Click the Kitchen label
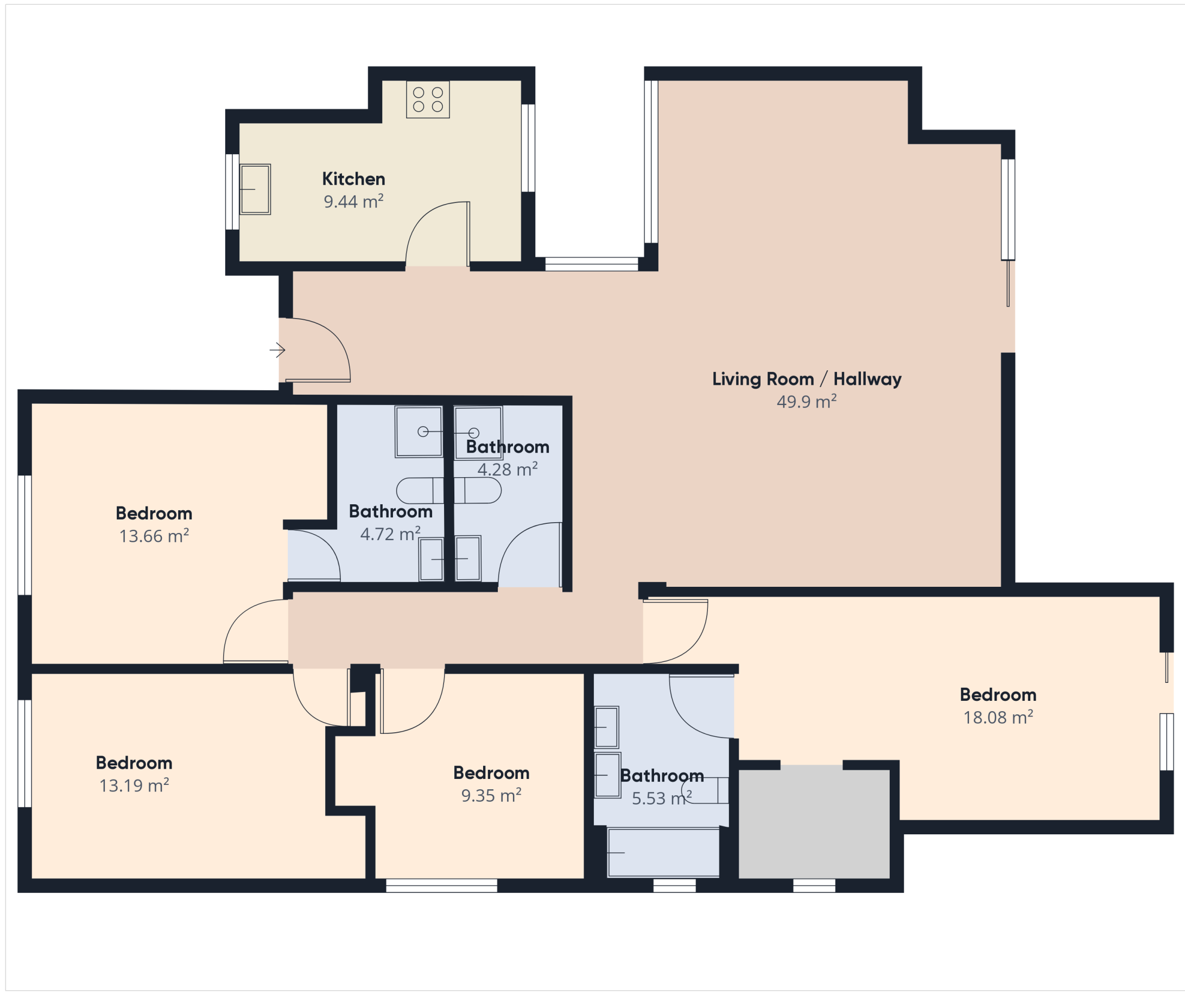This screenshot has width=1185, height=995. click(x=354, y=179)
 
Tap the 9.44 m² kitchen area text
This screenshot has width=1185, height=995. click(x=354, y=201)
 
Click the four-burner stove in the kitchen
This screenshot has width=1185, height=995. click(x=428, y=99)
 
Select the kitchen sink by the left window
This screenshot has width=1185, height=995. click(x=255, y=189)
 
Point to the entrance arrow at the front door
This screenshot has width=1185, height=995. click(x=277, y=350)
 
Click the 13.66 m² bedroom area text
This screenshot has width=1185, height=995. click(x=154, y=536)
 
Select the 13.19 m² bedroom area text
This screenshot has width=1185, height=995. click(x=134, y=785)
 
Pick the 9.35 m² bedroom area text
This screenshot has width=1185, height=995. click(x=491, y=795)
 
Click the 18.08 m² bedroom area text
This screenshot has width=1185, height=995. click(x=998, y=717)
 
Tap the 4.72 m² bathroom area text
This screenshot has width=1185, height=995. click(x=390, y=534)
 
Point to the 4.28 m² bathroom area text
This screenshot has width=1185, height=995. click(x=508, y=469)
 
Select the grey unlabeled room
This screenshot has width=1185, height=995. click(x=814, y=822)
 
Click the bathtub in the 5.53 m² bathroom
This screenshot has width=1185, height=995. click(x=663, y=852)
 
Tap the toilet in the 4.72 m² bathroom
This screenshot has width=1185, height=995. click(x=420, y=491)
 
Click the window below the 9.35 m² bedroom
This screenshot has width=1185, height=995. click(x=441, y=885)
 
